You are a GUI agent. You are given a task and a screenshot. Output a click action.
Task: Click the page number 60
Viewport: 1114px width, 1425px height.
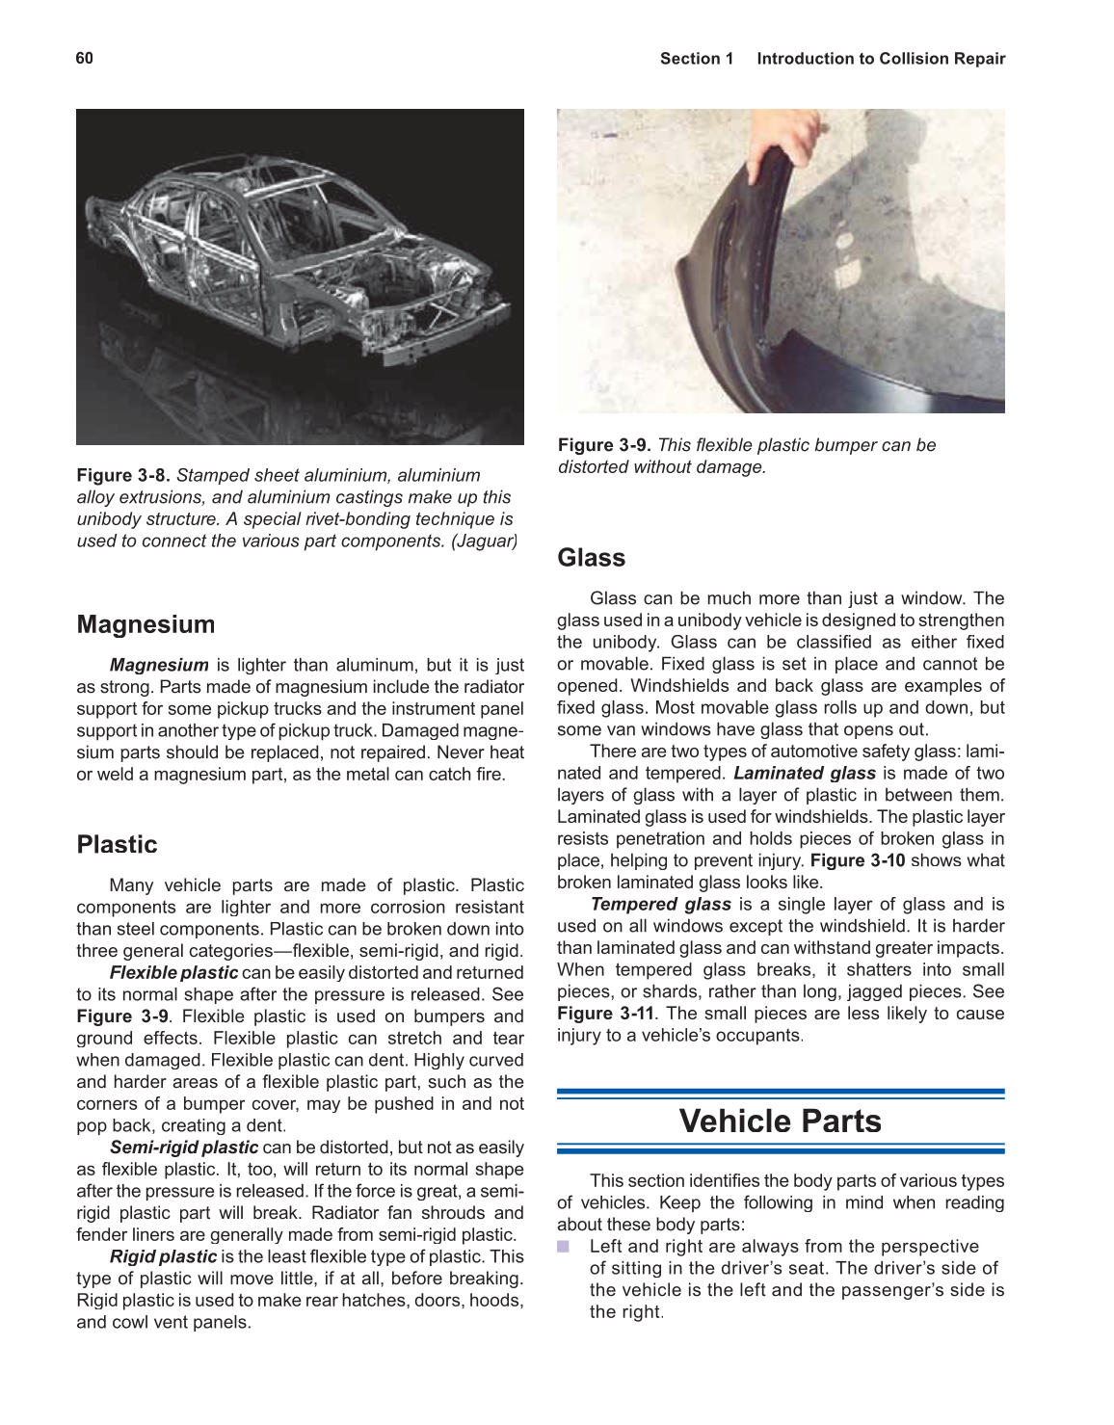85,58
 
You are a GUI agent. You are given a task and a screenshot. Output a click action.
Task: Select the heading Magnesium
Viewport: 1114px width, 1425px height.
146,624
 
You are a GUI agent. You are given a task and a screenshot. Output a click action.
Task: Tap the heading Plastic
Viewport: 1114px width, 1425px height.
117,844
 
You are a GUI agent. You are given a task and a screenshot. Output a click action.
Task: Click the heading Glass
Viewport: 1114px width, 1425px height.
591,558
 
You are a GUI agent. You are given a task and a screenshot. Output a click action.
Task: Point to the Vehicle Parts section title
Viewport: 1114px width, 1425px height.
780,1121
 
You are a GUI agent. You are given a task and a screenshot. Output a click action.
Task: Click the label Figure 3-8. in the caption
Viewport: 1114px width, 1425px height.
123,475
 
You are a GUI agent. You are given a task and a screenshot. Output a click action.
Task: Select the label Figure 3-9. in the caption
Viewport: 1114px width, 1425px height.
604,445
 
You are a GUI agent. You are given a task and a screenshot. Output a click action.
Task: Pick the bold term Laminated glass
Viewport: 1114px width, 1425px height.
804,773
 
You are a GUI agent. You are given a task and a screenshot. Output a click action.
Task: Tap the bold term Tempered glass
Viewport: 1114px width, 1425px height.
660,904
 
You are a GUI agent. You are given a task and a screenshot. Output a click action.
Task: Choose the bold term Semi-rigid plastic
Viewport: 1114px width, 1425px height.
183,1147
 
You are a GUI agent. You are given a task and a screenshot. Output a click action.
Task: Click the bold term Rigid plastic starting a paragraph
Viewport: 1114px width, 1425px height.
163,1256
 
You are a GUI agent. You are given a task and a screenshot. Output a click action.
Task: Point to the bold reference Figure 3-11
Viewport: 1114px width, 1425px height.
604,1013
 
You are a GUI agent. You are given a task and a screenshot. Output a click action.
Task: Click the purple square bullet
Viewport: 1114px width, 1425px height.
564,1247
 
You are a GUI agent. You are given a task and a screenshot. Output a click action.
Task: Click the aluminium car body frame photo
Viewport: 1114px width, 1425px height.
300,277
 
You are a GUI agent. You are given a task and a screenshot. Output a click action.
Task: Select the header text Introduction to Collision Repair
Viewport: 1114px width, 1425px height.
881,59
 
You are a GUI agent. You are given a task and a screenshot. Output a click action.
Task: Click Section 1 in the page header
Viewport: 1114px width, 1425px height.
696,59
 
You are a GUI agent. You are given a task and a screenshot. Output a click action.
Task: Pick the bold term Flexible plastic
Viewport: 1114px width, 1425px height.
173,972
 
